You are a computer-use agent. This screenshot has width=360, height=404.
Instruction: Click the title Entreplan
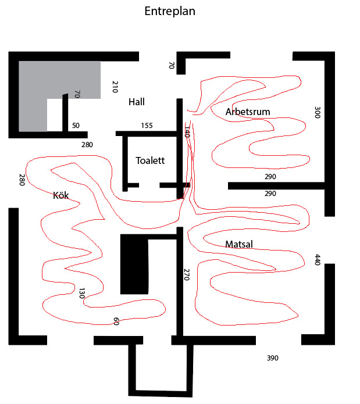click(170, 12)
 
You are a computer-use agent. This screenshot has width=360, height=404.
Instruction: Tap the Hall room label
click(137, 102)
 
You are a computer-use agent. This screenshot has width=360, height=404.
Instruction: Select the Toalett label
click(150, 160)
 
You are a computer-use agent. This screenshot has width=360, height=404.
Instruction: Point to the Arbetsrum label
click(248, 112)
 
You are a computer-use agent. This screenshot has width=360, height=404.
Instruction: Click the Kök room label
click(61, 195)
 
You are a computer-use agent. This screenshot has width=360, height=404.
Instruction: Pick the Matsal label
click(239, 244)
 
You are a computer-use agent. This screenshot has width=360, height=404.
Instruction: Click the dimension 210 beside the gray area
click(115, 87)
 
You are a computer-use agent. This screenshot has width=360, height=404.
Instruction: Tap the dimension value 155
click(147, 126)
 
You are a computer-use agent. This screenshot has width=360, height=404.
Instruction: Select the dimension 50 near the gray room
click(76, 126)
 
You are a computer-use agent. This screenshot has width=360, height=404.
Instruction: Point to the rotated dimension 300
click(317, 112)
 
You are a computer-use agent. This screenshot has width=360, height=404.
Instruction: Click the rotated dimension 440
click(318, 260)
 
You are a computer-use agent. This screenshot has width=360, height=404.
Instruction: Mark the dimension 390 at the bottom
click(273, 358)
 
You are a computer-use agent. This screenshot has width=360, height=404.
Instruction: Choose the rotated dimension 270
click(187, 274)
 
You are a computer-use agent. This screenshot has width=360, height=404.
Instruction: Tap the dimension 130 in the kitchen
click(82, 294)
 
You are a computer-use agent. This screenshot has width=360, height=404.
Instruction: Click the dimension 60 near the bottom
click(116, 321)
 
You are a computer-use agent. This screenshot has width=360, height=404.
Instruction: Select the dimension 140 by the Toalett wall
click(187, 132)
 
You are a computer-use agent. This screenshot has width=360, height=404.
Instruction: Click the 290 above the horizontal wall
click(270, 177)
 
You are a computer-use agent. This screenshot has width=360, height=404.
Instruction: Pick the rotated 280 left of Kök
click(22, 180)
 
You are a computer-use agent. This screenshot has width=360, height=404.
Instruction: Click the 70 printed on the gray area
click(77, 94)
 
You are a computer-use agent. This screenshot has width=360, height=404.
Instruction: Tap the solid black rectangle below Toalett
click(134, 264)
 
